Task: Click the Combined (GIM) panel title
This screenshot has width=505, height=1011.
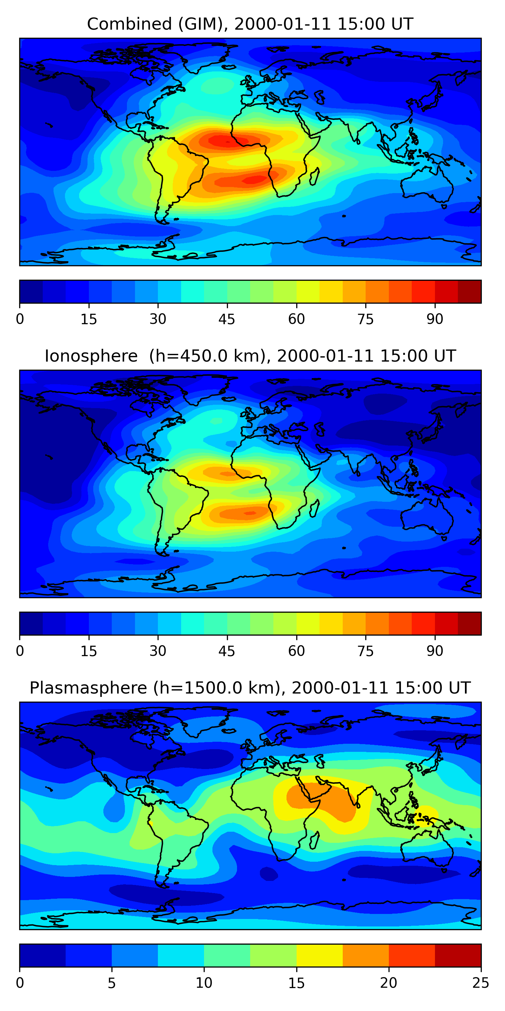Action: tap(250, 24)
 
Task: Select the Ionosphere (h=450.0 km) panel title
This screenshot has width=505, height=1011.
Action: tap(250, 356)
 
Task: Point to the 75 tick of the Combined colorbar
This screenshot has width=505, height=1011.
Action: tap(365, 305)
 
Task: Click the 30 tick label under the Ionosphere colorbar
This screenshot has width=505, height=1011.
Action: tap(158, 651)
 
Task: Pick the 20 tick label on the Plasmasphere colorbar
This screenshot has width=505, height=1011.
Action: tap(389, 983)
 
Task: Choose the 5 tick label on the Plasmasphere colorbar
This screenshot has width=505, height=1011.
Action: tap(112, 983)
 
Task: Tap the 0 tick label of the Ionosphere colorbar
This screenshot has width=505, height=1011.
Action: tap(20, 651)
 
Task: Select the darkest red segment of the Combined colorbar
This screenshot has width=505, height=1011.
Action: tap(469, 292)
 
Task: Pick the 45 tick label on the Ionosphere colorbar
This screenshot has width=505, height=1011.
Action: tap(227, 651)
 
